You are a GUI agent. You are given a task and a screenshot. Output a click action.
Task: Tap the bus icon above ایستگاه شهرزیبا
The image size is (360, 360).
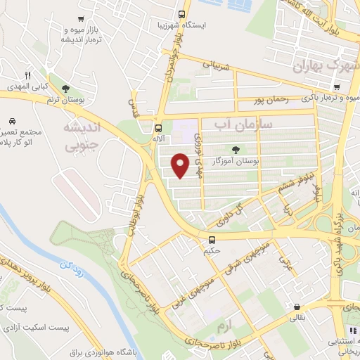pos(182,14)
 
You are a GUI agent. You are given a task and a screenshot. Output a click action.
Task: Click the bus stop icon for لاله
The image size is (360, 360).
pos(159,128)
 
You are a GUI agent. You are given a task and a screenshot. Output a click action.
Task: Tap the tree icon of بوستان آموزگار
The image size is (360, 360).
pos(236,149)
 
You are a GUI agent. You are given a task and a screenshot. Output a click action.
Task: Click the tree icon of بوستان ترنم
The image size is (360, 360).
pos(65,89)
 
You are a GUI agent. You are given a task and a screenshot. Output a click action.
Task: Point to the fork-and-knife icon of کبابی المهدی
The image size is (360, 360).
pos(28,75)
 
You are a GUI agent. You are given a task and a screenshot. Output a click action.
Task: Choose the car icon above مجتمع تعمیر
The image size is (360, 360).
pos(13,120)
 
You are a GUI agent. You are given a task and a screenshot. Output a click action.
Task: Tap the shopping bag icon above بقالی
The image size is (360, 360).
pos(298,307)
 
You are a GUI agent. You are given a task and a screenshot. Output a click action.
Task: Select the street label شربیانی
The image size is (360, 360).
pos(216,65)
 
